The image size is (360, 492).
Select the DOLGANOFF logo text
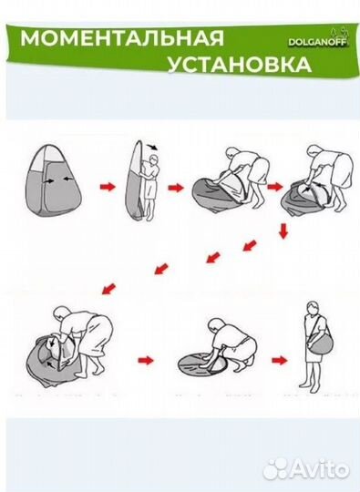(314, 41)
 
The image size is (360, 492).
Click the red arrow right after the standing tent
(108, 187)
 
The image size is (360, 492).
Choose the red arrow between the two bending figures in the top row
(274, 186)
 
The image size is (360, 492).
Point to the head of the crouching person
(216, 324)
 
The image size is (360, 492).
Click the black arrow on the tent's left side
(38, 180)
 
